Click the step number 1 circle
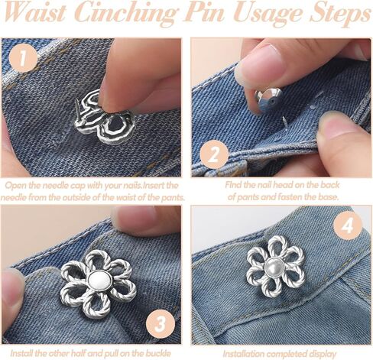pyautogui.click(x=23, y=59)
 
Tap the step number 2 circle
pyautogui.click(x=214, y=154)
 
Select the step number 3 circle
pyautogui.click(x=161, y=324)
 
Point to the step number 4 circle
pyautogui.click(x=348, y=225)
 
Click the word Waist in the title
pyautogui.click(x=36, y=13)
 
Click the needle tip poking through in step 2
pyautogui.click(x=285, y=121)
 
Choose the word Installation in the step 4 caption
pyautogui.click(x=244, y=354)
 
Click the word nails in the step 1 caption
pyautogui.click(x=131, y=185)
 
